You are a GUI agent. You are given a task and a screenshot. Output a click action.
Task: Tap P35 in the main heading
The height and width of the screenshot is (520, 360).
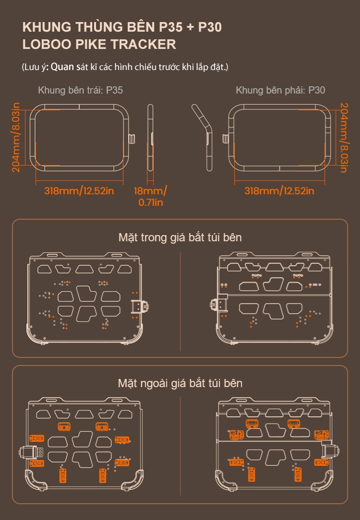[171, 27]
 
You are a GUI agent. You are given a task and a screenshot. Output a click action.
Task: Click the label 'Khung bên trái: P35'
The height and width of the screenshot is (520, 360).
[80, 90]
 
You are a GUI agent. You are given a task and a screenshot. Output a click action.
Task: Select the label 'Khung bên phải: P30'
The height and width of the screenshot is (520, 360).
[280, 90]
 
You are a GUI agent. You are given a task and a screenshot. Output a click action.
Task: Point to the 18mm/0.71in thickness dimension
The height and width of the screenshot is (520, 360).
[150, 196]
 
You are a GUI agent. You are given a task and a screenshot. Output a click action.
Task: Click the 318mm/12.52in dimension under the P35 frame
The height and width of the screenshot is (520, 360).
[79, 191]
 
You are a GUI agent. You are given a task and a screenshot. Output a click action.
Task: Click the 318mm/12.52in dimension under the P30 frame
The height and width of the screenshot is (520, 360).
[279, 191]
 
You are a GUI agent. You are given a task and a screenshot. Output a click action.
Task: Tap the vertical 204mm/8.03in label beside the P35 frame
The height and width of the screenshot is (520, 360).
[16, 137]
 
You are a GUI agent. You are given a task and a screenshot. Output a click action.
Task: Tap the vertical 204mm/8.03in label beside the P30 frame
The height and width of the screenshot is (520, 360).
[344, 138]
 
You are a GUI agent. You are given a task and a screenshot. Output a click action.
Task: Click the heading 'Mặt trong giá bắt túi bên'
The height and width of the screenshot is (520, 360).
[180, 237]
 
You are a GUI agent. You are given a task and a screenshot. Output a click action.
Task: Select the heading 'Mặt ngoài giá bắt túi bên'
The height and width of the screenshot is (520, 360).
[180, 383]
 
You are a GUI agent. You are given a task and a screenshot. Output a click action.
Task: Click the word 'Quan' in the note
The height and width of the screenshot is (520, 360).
[62, 67]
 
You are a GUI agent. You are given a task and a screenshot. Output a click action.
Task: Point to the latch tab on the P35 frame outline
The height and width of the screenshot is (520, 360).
[132, 139]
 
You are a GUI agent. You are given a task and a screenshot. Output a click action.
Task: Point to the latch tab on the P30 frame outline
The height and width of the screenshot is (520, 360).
[225, 139]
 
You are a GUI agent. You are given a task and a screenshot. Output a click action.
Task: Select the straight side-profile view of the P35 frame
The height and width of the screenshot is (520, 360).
[150, 138]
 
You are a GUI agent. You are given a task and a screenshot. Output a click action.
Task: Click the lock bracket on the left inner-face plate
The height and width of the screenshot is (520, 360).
[140, 307]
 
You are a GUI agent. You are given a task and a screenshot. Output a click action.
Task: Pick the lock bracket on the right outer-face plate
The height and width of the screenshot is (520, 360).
[331, 449]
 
